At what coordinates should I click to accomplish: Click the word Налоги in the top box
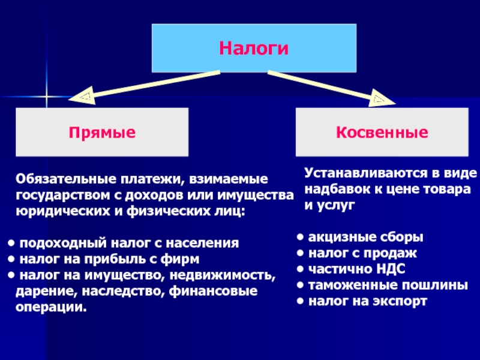pyautogui.click(x=254, y=49)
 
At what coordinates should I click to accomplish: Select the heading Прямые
pyautogui.click(x=102, y=133)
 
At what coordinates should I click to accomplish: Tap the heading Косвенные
pyautogui.click(x=382, y=132)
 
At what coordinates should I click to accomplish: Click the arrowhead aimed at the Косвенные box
pyautogui.click(x=382, y=98)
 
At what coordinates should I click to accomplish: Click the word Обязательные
pyautogui.click(x=66, y=179)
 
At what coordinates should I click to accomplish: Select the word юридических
pyautogui.click(x=63, y=212)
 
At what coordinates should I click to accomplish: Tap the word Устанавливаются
pyautogui.click(x=366, y=173)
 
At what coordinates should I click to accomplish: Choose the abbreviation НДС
pyautogui.click(x=391, y=269)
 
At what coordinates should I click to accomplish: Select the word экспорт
pyautogui.click(x=398, y=302)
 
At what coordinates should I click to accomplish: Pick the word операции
pyautogui.click(x=51, y=307)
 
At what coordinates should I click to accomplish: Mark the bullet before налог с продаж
pyautogui.click(x=301, y=253)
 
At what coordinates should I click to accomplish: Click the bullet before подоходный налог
pyautogui.click(x=11, y=244)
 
